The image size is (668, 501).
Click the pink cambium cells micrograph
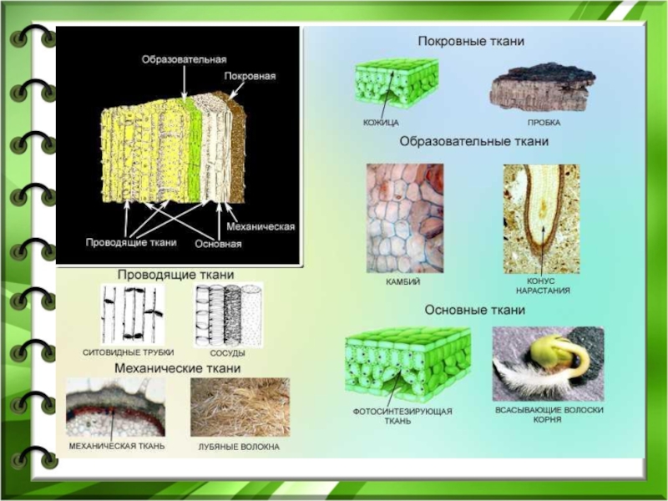(x=405, y=217)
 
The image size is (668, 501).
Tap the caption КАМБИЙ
(x=402, y=282)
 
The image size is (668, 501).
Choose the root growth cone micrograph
(x=541, y=219)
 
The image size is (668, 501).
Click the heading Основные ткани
(x=475, y=310)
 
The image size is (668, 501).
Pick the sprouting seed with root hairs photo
(x=547, y=363)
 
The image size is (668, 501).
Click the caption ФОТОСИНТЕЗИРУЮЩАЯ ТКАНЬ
(x=402, y=417)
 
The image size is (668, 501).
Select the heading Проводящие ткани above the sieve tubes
(x=175, y=274)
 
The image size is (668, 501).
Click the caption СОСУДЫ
(x=229, y=353)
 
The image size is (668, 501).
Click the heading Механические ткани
(x=177, y=367)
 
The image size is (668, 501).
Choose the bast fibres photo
(x=240, y=407)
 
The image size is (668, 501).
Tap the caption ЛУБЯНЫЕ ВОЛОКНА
(x=239, y=447)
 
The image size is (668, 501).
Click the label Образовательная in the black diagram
(x=184, y=59)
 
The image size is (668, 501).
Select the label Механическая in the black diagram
(x=257, y=226)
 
